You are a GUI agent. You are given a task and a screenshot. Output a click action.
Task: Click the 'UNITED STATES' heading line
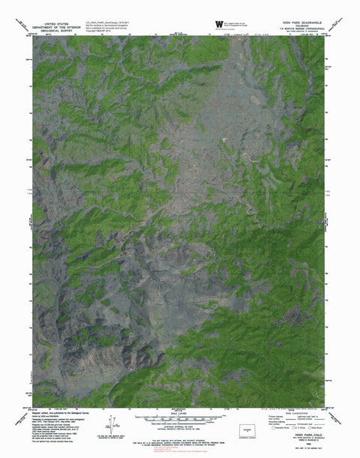coord(60,23)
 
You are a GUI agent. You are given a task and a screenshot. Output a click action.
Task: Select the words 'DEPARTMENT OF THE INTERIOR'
coord(60,27)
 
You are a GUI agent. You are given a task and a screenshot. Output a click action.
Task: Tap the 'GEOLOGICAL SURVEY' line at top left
coord(60,31)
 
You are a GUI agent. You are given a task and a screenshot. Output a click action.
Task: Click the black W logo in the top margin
coord(219,24)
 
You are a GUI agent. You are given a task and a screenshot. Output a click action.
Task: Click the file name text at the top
coord(105,22)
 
